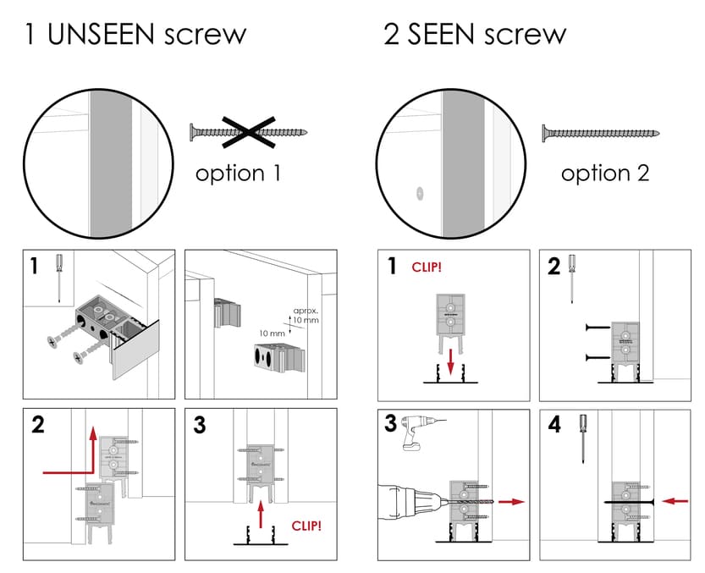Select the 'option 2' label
tap(605, 174)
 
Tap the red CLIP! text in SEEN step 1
tap(428, 268)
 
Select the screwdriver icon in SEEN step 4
tap(583, 437)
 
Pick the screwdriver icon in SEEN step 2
tap(573, 278)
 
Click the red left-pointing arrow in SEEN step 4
tap(674, 500)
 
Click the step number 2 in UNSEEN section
tap(38, 425)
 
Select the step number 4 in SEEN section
tap(554, 425)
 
